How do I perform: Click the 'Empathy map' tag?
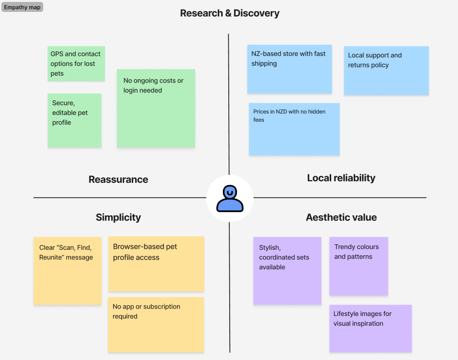tap(22, 7)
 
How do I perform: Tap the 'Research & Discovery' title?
tap(229, 13)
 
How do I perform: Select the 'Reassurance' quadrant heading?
tap(118, 180)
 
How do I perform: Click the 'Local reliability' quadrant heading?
tap(341, 178)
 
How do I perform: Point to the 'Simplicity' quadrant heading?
tap(118, 218)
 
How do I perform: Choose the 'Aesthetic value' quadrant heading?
tap(341, 218)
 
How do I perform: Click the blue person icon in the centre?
tap(230, 198)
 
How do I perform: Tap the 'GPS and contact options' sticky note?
tap(76, 64)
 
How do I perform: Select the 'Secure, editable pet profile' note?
tap(74, 120)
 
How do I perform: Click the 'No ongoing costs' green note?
tap(156, 108)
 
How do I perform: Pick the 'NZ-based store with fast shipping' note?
tap(289, 69)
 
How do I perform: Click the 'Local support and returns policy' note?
tap(386, 71)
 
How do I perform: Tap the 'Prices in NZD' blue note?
tap(294, 129)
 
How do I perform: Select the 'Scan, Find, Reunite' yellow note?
tap(68, 270)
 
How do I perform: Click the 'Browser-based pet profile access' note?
tap(156, 264)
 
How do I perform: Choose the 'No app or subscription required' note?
tap(156, 325)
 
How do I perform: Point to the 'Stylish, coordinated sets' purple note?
tap(287, 270)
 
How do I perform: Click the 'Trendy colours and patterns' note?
tap(358, 266)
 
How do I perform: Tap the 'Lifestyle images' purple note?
tap(370, 328)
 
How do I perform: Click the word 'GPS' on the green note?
tap(57, 54)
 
